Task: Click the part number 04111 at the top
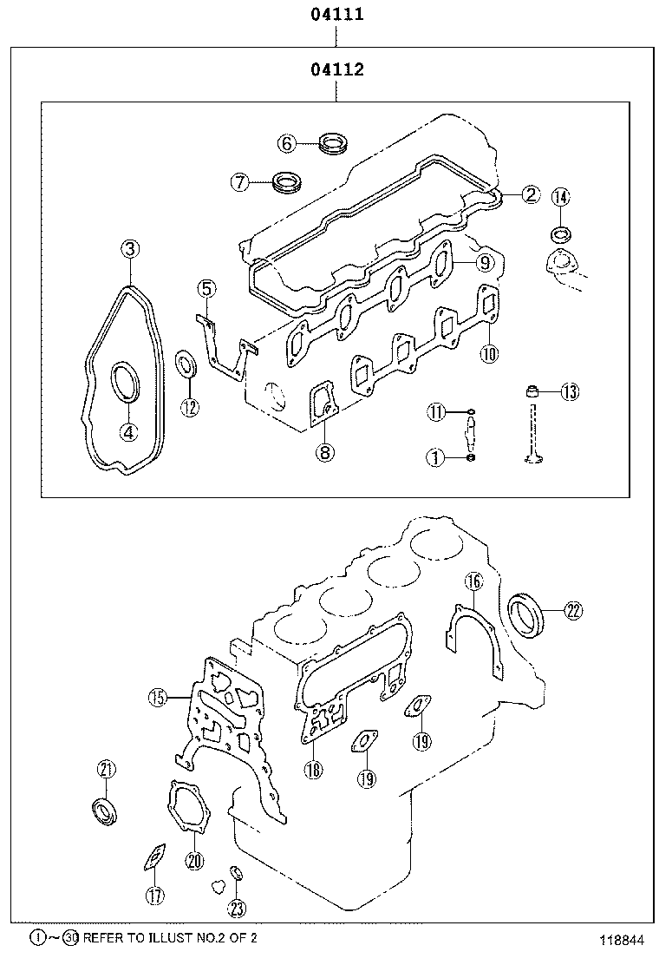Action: point(337,14)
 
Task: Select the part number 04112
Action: point(337,69)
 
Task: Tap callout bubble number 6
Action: point(288,142)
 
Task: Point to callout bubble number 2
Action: point(531,195)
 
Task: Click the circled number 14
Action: point(561,197)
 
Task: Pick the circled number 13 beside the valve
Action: point(569,392)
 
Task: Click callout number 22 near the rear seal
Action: point(572,611)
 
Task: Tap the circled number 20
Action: point(193,861)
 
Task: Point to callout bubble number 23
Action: point(238,909)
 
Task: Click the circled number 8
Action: point(324,451)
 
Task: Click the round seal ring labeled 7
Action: point(286,183)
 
